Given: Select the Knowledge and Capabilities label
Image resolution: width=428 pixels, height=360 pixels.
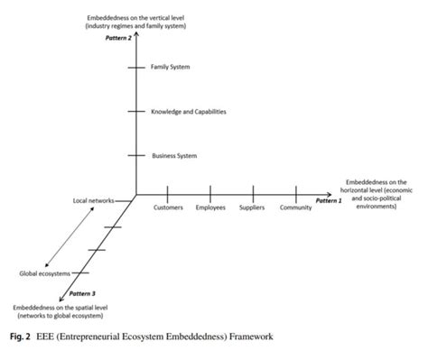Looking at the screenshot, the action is click(x=189, y=111).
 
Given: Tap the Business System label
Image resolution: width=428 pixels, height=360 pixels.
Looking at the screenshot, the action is click(x=174, y=156).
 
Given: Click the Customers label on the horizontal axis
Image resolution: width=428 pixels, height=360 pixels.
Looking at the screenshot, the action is click(x=169, y=208).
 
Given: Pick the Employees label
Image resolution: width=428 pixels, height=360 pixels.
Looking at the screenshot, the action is click(x=211, y=208).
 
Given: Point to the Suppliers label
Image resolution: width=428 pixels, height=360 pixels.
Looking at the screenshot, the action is click(x=252, y=208).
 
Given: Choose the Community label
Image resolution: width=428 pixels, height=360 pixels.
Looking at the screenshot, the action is click(x=295, y=208).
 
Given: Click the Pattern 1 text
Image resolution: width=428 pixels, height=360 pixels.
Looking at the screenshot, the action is click(x=329, y=200).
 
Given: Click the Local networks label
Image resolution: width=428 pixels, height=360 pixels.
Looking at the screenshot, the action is click(x=93, y=200).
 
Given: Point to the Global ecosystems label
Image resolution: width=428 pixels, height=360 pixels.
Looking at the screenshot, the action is click(x=42, y=273).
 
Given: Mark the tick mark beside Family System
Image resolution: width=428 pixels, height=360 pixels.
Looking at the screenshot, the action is click(x=135, y=67).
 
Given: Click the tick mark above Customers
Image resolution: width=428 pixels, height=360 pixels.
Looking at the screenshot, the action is click(x=169, y=193).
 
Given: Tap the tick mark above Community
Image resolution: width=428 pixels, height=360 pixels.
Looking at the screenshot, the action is click(x=296, y=193).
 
